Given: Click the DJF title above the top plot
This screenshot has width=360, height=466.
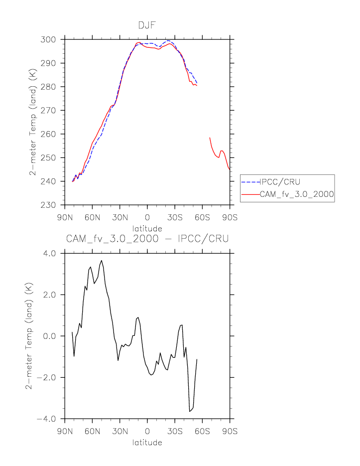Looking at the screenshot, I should coord(147,25).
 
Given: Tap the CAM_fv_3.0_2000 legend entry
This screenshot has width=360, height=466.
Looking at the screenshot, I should coord(296,194).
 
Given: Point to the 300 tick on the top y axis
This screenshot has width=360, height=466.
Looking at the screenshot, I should coord(52,39).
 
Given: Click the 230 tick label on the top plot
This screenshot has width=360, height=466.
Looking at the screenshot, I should coord(52,205).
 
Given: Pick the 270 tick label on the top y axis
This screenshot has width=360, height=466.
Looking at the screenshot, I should coord(52,110).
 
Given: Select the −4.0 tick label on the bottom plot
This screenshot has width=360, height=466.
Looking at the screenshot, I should coord(48,419).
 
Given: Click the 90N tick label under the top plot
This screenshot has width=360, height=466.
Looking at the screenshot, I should coord(65,217).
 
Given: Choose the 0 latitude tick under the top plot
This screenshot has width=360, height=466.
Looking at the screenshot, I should coord(147,217).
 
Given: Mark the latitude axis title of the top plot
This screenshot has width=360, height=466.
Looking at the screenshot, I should coord(147,228).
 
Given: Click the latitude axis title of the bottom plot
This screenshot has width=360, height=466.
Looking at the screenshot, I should coord(147,442).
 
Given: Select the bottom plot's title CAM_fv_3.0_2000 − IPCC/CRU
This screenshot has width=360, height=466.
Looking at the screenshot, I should coord(147,239).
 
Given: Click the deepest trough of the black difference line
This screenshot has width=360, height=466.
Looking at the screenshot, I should coord(190,411).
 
